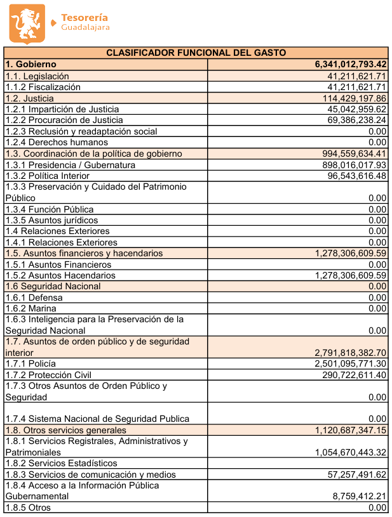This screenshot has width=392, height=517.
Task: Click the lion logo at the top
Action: [27, 23]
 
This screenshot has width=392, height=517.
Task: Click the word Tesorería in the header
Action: [84, 18]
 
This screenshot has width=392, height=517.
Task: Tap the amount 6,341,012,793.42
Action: [351, 65]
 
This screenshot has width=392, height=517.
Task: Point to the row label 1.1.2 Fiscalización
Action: [43, 87]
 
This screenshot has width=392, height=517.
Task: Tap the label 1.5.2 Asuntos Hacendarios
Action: [60, 275]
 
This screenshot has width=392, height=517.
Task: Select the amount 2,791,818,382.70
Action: [351, 353]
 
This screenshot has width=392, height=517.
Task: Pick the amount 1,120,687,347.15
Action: [351, 430]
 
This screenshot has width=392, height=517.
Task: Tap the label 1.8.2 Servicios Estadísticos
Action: [61, 463]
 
